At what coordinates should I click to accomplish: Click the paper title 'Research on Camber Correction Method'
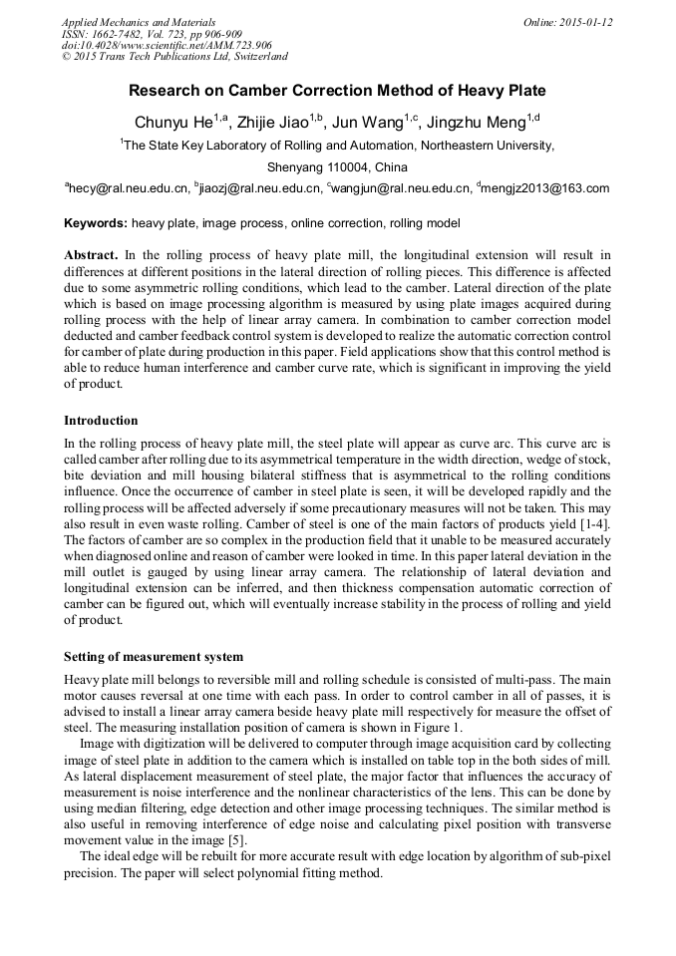(x=337, y=91)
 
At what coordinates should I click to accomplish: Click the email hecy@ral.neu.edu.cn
(x=127, y=187)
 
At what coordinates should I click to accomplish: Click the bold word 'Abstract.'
(x=91, y=256)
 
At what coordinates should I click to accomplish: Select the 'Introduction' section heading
(x=101, y=421)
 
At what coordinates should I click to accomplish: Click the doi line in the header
(x=167, y=45)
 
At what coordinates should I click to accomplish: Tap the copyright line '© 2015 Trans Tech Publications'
(x=174, y=57)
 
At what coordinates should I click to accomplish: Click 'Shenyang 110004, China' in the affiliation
(x=337, y=166)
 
